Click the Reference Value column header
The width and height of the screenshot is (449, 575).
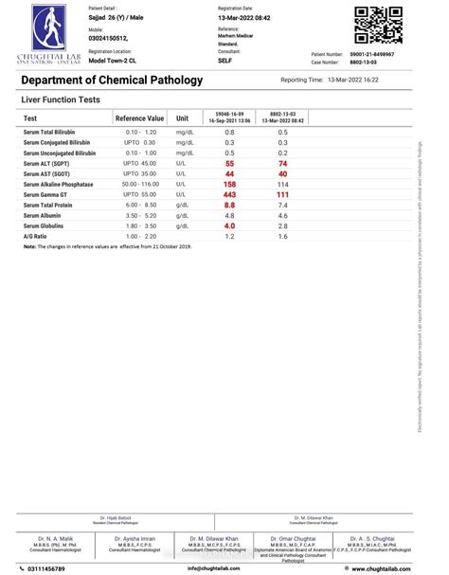point(139,118)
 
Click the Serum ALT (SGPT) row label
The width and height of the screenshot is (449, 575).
point(53,163)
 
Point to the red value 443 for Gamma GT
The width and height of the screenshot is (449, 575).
point(229,194)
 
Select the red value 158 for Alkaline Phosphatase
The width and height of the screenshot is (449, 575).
point(229,184)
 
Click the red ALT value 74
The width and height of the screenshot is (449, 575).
point(282,163)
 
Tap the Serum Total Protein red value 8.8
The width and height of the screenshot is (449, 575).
point(229,205)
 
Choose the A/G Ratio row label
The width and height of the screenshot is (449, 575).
point(36,236)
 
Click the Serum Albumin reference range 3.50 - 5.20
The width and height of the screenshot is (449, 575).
point(139,215)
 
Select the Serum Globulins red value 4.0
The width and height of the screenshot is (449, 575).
point(229,225)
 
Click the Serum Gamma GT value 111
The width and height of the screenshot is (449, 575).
point(282,194)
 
